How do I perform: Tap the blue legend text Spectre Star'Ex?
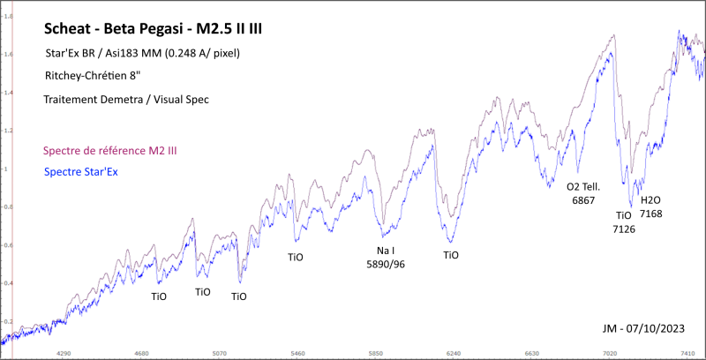click(x=80, y=171)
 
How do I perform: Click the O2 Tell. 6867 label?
click(x=583, y=194)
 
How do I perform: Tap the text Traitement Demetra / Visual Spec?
click(x=126, y=100)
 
